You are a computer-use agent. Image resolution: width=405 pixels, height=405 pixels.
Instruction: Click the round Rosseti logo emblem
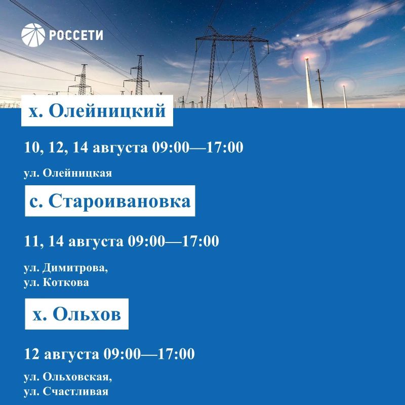pos(33,35)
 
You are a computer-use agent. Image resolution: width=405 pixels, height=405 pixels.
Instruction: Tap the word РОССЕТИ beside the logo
pos(76,35)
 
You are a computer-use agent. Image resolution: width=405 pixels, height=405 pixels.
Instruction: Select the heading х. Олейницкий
pos(97,111)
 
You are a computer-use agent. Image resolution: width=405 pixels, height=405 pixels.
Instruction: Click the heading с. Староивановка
pos(110,201)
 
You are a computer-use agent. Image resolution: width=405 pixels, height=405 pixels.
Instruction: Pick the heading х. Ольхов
pos(77,314)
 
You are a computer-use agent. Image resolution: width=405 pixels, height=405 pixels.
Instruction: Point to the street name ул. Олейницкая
pos(68,173)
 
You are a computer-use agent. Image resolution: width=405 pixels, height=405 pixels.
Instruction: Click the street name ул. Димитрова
pos(66,268)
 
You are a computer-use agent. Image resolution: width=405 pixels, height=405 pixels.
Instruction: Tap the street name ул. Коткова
pos(56,282)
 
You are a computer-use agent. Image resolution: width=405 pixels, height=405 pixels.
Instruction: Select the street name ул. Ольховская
pos(68,377)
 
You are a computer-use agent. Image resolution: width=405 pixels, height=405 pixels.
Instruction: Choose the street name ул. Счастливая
pos(66,391)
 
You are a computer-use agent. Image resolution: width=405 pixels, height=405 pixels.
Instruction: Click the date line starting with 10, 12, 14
pos(134,147)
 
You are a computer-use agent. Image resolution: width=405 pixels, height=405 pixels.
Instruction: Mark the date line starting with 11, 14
pos(121,241)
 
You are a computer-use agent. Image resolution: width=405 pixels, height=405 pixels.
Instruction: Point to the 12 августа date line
pos(109,354)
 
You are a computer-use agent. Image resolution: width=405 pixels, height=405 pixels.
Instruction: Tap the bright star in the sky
pos(298,35)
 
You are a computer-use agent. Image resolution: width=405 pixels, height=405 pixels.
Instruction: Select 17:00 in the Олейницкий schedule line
pos(225,147)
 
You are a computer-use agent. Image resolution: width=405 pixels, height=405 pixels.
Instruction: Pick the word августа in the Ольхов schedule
pos(71,354)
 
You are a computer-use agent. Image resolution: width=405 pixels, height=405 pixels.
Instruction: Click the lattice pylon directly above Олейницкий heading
pos(82,79)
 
